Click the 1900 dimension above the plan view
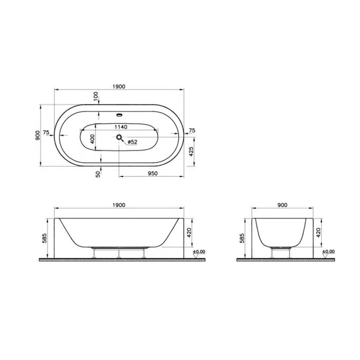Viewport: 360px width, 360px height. pos(119,87)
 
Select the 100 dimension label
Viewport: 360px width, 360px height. pos(96,98)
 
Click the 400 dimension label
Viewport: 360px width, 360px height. pos(92,139)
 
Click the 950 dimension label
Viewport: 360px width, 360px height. pos(152,173)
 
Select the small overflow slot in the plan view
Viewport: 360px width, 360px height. pos(119,114)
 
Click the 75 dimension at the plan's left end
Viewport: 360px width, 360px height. pos(46,132)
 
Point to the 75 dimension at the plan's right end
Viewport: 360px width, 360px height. pos(191,130)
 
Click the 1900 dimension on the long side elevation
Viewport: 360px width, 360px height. pos(119,205)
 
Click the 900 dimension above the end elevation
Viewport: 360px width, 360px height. pos(282,205)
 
